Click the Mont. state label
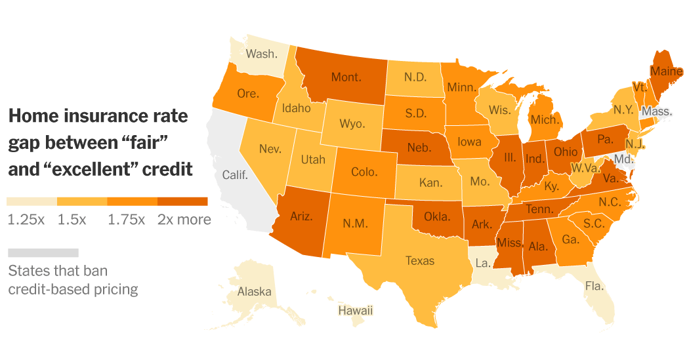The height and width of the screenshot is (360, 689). coord(346,77)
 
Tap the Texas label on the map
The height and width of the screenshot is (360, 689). coord(420,260)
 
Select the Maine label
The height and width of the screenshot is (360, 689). coord(665,70)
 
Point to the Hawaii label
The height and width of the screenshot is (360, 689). coord(355,310)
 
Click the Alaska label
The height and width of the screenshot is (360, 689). coord(255,292)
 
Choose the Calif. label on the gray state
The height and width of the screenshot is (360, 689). coord(235,175)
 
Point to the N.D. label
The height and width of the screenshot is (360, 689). coord(415,77)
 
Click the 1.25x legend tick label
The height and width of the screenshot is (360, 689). coord(26,220)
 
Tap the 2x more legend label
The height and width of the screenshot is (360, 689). coord(184,220)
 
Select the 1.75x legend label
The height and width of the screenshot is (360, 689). coord(126,220)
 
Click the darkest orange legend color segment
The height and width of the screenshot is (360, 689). coord(182,201)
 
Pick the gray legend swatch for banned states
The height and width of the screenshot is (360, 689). coord(43,252)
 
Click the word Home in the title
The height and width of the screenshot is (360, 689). coord(31,117)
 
